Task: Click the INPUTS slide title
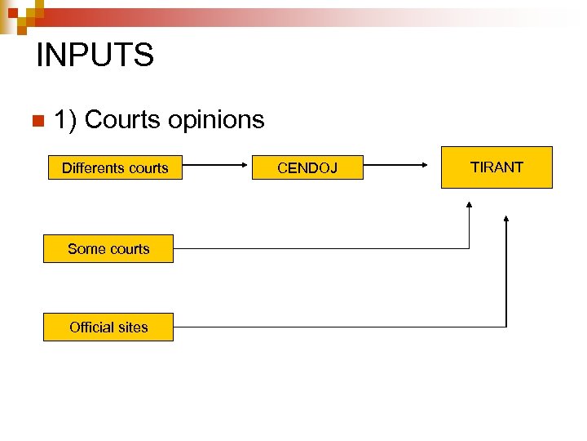[x=95, y=56]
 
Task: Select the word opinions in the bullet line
[x=216, y=120]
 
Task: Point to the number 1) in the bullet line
[x=65, y=120]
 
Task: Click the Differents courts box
[x=115, y=168]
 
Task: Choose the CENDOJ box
[x=307, y=168]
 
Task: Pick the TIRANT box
[x=497, y=167]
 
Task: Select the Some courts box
[x=108, y=249]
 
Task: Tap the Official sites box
[x=108, y=327]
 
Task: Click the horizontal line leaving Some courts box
[x=318, y=248]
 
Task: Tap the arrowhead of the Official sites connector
[x=506, y=220]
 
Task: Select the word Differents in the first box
[x=92, y=168]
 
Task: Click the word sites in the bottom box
[x=133, y=327]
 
